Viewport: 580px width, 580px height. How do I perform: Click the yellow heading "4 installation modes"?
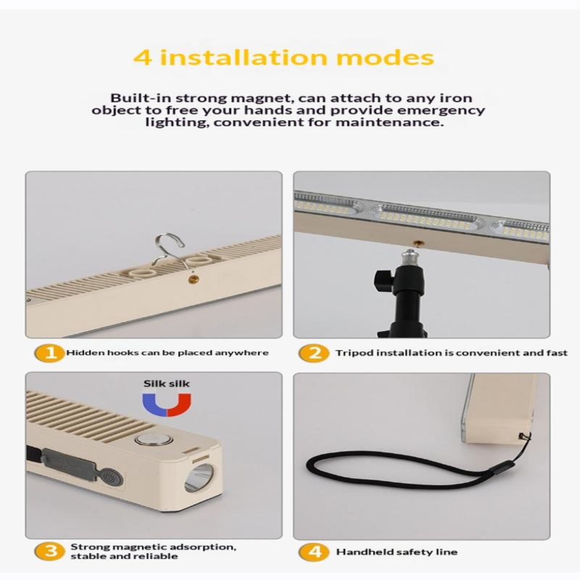click(x=284, y=58)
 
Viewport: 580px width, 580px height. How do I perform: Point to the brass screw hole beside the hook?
click(x=193, y=278)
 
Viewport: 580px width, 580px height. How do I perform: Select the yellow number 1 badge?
click(x=50, y=353)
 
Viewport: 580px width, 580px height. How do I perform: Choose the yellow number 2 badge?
click(x=314, y=353)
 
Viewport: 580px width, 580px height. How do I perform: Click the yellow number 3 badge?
click(x=50, y=551)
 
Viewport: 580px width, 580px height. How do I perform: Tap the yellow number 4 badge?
click(x=314, y=551)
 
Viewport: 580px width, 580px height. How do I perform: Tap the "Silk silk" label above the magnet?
click(x=166, y=384)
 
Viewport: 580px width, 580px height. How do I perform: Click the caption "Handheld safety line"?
click(x=397, y=552)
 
